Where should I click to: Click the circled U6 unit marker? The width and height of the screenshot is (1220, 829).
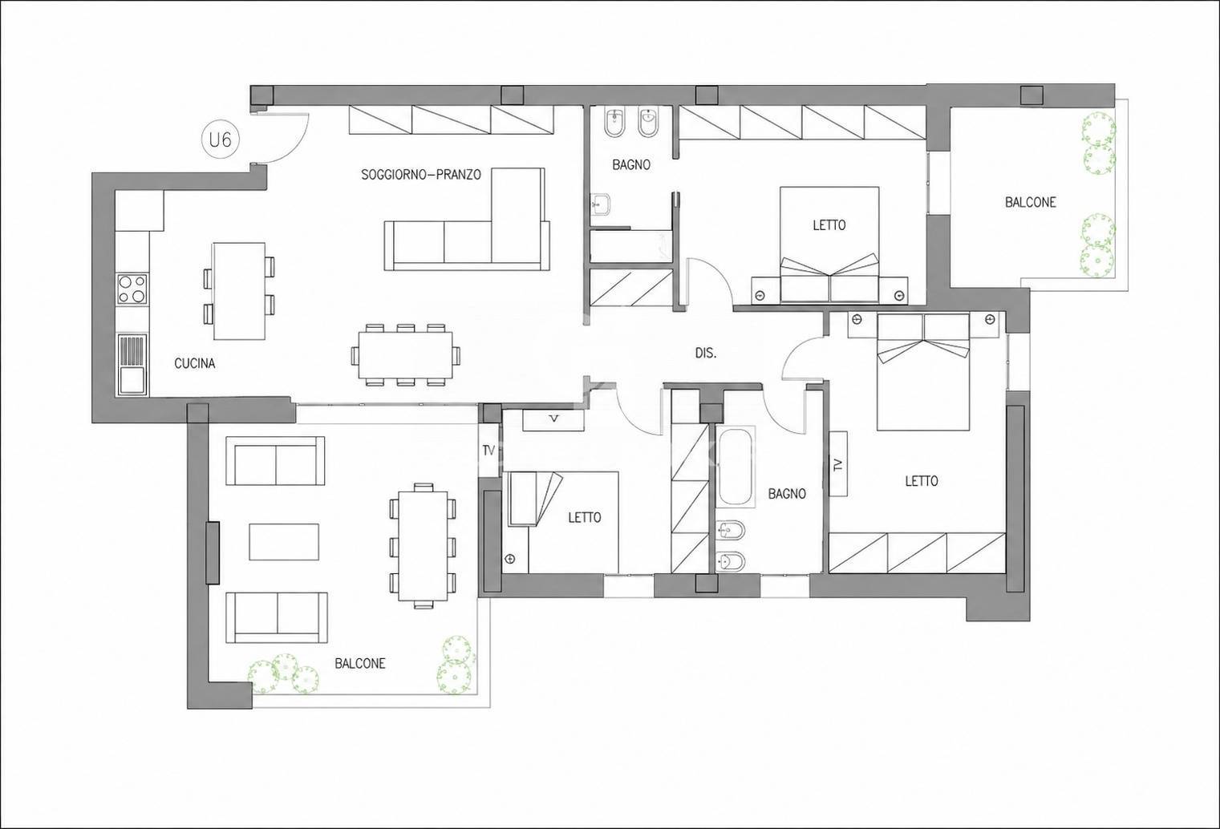(x=221, y=140)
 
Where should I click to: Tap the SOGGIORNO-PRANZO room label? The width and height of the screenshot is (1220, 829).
(x=421, y=174)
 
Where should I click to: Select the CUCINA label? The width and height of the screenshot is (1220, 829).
(x=194, y=363)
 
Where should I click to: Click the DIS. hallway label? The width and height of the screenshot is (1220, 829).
(x=706, y=353)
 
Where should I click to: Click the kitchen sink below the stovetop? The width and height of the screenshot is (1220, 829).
(x=132, y=364)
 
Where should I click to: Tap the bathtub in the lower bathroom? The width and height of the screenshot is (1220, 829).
(x=736, y=467)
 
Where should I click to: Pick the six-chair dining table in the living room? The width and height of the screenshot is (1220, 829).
(x=405, y=355)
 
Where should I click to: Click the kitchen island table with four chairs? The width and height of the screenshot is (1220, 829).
(x=239, y=291)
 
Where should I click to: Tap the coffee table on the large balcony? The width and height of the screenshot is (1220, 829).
(x=284, y=542)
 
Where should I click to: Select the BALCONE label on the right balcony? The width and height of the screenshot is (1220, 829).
(x=1031, y=202)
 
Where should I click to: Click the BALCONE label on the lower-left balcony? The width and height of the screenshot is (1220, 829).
(x=360, y=663)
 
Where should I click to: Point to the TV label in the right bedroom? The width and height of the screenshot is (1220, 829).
(x=838, y=464)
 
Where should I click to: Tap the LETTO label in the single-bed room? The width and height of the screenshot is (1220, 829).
(x=585, y=517)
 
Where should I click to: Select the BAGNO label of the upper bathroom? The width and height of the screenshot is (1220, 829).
(x=631, y=164)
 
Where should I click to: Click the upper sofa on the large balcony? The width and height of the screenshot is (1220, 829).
(x=275, y=460)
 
